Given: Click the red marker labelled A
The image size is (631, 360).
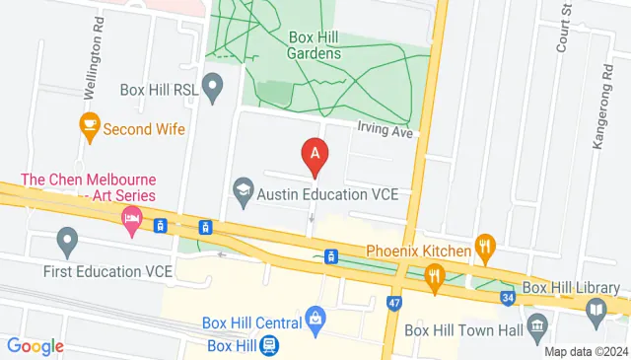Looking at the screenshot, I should coord(315,155).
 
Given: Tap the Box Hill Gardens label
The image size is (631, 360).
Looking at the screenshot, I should coord(315,45).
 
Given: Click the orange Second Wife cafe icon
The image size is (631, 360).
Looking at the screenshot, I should coord(90,127).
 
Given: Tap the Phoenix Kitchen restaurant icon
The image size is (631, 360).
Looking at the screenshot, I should coord(483,251).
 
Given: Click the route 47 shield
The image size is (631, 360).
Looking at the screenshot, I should coord(394,302).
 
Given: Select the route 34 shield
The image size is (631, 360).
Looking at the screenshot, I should coord(508,296).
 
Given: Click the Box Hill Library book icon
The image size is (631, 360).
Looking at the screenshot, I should coord(596,313).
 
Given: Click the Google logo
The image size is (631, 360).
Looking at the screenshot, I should coord(35,346).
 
